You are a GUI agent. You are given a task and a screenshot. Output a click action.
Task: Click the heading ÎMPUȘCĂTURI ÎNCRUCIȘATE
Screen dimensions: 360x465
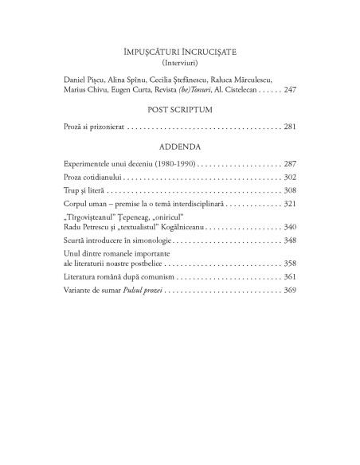point(179,50)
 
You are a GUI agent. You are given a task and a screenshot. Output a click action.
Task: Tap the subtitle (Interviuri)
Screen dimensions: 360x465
point(179,61)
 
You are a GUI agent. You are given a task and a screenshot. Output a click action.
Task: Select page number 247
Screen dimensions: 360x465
point(289,90)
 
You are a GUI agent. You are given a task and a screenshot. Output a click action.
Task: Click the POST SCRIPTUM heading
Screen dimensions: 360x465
point(179,108)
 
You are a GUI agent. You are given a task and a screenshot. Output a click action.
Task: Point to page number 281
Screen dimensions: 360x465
point(289,127)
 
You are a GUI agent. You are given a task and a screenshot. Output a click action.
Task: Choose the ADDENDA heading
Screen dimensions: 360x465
point(179,146)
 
